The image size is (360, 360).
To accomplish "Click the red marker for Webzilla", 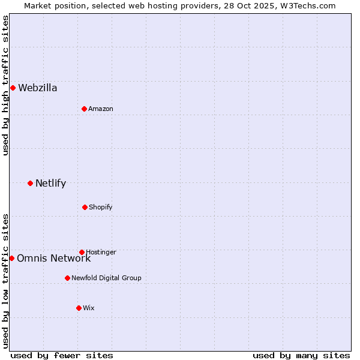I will coord(13,88).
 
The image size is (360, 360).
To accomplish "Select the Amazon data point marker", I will coord(84,109).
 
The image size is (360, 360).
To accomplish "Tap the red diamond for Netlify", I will coord(30,183).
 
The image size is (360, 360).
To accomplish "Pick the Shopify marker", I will coord(85,207).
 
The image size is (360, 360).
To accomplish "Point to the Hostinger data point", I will coord(82,252).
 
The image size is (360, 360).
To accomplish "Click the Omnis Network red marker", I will coord(11,258).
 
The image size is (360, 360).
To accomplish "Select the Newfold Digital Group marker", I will coord(67,278).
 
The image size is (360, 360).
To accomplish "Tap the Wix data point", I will coord(79,308).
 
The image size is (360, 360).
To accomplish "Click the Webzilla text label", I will coord(38,88).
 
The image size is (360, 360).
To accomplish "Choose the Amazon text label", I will coord(101,109).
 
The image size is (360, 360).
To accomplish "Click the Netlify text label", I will coord(51,184).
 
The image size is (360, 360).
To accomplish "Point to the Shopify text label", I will coord(101,208).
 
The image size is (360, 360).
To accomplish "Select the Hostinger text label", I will coord(101,252).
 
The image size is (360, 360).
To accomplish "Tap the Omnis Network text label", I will coord(54,259).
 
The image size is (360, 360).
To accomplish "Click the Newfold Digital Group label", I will coord(106,278).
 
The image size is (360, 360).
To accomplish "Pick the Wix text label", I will coord(89,308).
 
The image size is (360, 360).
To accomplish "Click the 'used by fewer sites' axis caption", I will coord(62,355).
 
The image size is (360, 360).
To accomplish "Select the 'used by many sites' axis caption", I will coord(301,355).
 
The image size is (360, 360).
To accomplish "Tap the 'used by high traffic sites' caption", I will coord(5,85).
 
